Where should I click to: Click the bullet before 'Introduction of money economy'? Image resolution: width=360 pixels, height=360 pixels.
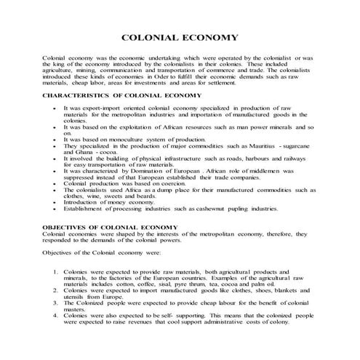click(x=55, y=202)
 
